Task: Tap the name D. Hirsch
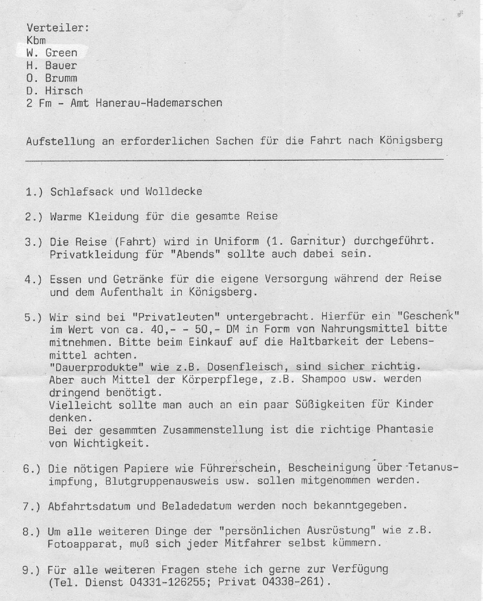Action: click(x=55, y=90)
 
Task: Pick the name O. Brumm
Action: click(x=51, y=78)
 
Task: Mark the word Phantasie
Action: click(x=409, y=430)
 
